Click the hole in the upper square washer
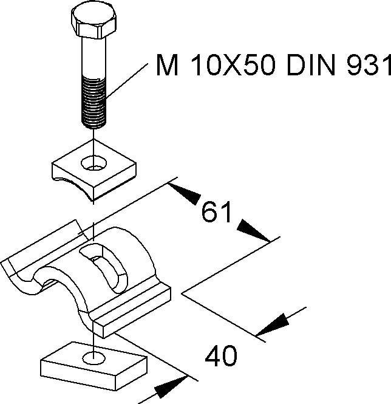pyautogui.click(x=94, y=162)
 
